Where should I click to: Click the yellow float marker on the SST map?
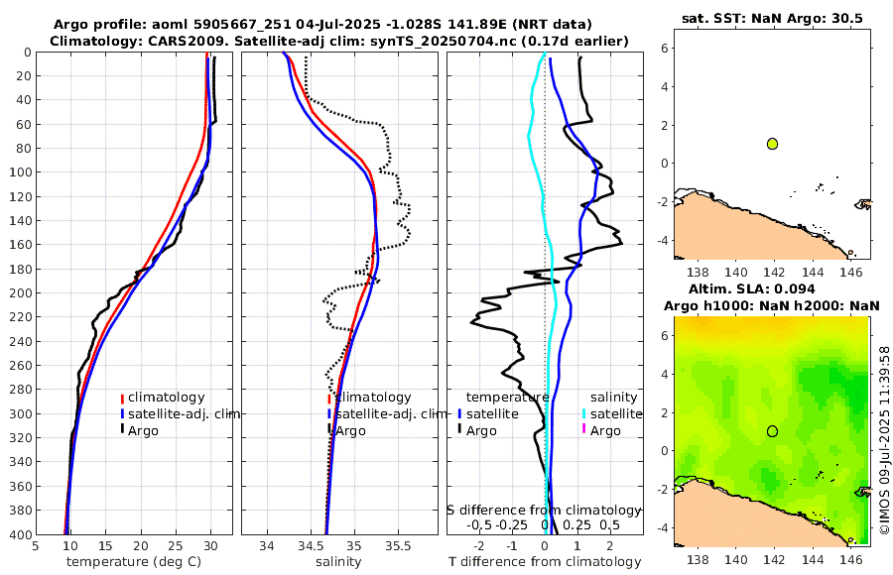click(x=772, y=144)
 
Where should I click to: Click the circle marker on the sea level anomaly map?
click(x=772, y=431)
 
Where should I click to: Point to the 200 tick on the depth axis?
click(x=21, y=293)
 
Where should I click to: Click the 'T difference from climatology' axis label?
click(x=546, y=562)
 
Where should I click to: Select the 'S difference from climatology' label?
click(x=544, y=510)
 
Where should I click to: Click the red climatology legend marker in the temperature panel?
click(x=123, y=398)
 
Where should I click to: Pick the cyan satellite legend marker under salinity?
click(x=584, y=413)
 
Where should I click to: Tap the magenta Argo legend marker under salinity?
click(x=584, y=430)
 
